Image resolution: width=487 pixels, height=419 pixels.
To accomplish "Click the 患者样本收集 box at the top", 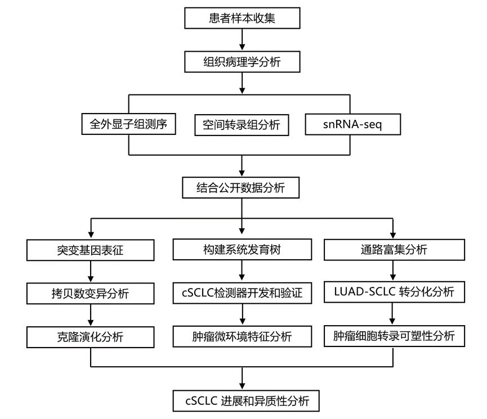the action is pyautogui.click(x=242, y=19).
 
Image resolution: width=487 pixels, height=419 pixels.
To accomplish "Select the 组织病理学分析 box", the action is pyautogui.click(x=242, y=62).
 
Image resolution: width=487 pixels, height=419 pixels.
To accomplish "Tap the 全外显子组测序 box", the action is pyautogui.click(x=128, y=124).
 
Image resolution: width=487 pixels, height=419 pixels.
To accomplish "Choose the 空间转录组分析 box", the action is pyautogui.click(x=242, y=125).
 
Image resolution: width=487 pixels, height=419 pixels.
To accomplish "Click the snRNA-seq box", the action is pyautogui.click(x=353, y=124).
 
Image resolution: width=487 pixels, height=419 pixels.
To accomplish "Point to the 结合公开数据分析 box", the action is pyautogui.click(x=241, y=188).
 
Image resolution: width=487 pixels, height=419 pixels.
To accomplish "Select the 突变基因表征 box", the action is pyautogui.click(x=91, y=250).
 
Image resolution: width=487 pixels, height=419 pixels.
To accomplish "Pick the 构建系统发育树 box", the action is pyautogui.click(x=242, y=250).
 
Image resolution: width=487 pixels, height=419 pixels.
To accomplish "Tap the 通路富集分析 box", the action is pyautogui.click(x=395, y=250).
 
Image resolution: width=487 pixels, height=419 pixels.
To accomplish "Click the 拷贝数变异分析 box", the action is pyautogui.click(x=91, y=294).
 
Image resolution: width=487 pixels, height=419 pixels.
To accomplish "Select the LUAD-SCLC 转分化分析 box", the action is pyautogui.click(x=395, y=292).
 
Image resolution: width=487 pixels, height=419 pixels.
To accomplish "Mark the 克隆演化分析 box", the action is pyautogui.click(x=91, y=337).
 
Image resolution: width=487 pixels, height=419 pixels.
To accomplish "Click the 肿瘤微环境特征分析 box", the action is pyautogui.click(x=242, y=336).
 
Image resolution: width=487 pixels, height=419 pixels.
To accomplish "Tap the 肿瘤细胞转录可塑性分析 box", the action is pyautogui.click(x=395, y=336).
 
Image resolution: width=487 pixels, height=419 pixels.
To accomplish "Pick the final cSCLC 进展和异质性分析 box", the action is pyautogui.click(x=246, y=401).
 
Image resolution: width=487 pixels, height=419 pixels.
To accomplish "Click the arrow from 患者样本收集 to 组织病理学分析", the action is pyautogui.click(x=242, y=39).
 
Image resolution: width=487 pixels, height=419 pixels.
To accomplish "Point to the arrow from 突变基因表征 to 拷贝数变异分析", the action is pyautogui.click(x=91, y=271).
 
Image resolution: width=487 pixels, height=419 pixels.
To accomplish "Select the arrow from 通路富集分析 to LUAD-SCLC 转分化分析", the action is pyautogui.click(x=393, y=271).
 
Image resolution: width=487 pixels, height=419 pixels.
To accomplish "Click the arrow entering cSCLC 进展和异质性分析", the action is pyautogui.click(x=242, y=378).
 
